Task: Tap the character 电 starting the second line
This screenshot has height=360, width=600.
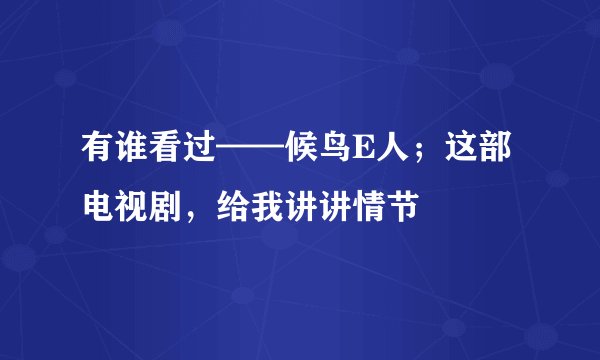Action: pos(100,207)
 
